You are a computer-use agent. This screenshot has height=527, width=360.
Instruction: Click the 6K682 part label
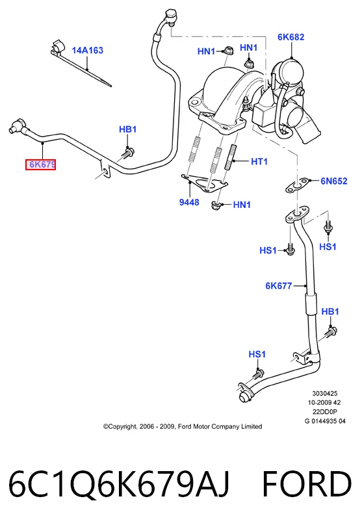(290, 37)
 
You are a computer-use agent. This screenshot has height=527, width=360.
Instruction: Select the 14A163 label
(87, 51)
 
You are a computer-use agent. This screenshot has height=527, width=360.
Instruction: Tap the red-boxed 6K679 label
(41, 164)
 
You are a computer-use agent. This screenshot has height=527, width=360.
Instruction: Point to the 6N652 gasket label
(333, 181)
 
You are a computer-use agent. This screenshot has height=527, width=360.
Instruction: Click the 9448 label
(189, 202)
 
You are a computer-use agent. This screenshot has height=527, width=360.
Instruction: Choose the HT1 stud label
(259, 162)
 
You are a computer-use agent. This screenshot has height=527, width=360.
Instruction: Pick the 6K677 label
(279, 286)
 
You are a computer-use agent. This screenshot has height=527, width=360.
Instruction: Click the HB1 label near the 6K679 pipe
(128, 129)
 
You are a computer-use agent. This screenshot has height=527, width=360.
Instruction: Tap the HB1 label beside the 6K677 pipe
(330, 311)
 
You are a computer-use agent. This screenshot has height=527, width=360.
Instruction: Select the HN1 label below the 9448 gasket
(242, 205)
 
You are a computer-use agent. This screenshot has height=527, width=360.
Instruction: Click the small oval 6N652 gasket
(296, 186)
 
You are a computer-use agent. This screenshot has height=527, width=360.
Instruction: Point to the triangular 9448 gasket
(204, 184)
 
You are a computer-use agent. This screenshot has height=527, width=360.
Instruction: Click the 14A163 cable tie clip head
(57, 47)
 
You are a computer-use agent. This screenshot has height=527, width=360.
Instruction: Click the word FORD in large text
(307, 484)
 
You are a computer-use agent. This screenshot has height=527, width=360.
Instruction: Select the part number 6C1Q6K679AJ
(119, 485)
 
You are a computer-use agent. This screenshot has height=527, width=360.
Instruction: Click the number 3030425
(325, 393)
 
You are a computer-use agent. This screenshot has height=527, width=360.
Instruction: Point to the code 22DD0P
(325, 412)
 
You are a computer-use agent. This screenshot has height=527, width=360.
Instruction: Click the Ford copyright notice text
(183, 426)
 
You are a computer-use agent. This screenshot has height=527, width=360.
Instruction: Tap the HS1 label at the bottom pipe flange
(257, 354)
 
